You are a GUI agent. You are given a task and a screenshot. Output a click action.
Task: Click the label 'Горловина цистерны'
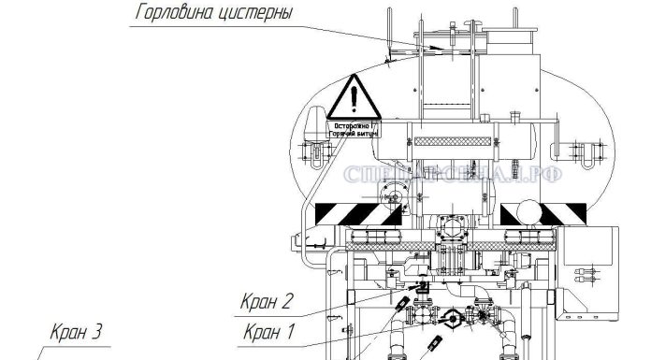point(214,15)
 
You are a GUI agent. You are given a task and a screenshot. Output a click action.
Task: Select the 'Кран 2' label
point(268,301)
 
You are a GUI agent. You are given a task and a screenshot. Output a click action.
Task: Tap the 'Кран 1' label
point(268,330)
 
